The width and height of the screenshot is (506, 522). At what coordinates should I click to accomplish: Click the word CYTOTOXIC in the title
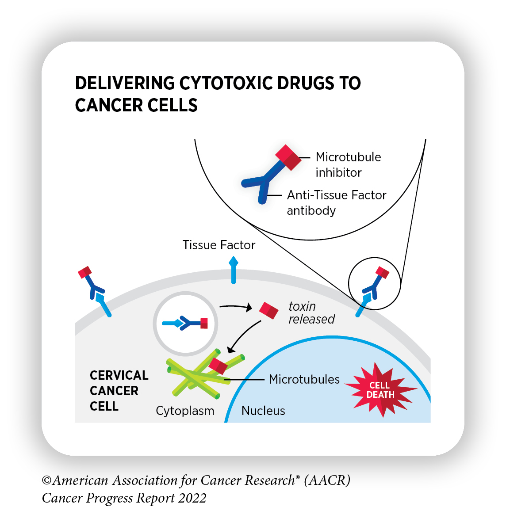(226, 84)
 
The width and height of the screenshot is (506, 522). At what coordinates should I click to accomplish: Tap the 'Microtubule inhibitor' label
(348, 164)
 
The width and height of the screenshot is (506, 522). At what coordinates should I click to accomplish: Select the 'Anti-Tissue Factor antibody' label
(336, 202)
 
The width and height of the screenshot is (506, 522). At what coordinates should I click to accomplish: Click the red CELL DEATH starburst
(380, 389)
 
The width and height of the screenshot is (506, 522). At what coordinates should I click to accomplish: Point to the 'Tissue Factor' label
(219, 245)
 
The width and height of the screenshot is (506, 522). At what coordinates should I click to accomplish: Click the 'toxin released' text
(311, 312)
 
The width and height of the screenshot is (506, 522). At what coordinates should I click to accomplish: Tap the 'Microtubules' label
(304, 379)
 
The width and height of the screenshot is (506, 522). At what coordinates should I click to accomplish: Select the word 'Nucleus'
(263, 411)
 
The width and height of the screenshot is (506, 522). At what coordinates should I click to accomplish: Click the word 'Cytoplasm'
(185, 411)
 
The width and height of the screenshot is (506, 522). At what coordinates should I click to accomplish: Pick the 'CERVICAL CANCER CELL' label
(119, 391)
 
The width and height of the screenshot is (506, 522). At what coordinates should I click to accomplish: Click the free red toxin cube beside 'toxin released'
(268, 310)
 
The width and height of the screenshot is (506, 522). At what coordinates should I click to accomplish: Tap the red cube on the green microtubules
(218, 366)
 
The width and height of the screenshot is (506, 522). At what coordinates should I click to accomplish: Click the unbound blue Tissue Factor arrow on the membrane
(233, 271)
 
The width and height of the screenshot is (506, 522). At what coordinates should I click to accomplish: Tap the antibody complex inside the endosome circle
(185, 324)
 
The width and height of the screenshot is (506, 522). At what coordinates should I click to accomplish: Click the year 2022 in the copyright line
(192, 498)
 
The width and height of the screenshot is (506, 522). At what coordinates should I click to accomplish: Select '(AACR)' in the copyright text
(327, 480)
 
